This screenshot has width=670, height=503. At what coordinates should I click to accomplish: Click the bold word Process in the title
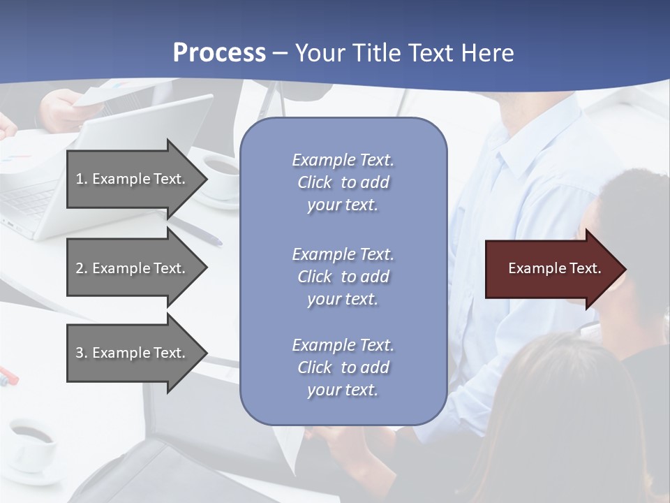pyautogui.click(x=219, y=53)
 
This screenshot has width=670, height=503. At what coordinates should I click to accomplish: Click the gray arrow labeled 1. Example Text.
pyautogui.click(x=133, y=179)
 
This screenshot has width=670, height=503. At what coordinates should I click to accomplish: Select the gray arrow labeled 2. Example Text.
pyautogui.click(x=133, y=268)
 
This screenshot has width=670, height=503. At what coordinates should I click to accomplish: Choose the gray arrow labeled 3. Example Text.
pyautogui.click(x=133, y=353)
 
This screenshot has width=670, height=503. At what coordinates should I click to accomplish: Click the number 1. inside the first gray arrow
pyautogui.click(x=82, y=179)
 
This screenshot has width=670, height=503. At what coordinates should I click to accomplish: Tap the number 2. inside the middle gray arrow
pyautogui.click(x=82, y=268)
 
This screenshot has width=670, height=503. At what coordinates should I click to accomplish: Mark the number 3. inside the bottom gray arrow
pyautogui.click(x=82, y=353)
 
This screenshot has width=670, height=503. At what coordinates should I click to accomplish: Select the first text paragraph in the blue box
pyautogui.click(x=343, y=182)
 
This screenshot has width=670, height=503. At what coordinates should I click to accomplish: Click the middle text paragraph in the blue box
pyautogui.click(x=343, y=276)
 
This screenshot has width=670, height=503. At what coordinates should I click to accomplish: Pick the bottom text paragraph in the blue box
pyautogui.click(x=343, y=367)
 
